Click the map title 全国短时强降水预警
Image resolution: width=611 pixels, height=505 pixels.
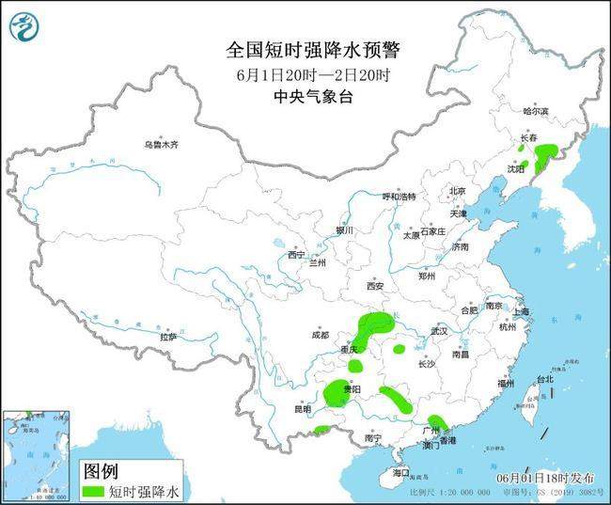tap(305, 48)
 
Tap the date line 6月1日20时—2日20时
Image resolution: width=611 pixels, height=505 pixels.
tap(305, 73)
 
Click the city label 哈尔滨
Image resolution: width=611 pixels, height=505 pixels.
tap(534, 111)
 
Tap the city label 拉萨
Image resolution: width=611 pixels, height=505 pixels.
tap(168, 336)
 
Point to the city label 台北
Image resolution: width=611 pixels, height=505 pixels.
tap(545, 379)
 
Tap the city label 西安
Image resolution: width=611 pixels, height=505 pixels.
tap(376, 286)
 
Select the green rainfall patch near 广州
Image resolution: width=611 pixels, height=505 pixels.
tap(436, 425)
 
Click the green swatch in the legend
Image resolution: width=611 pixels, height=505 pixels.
tap(94, 490)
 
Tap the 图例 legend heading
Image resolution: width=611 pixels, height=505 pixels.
tap(101, 469)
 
